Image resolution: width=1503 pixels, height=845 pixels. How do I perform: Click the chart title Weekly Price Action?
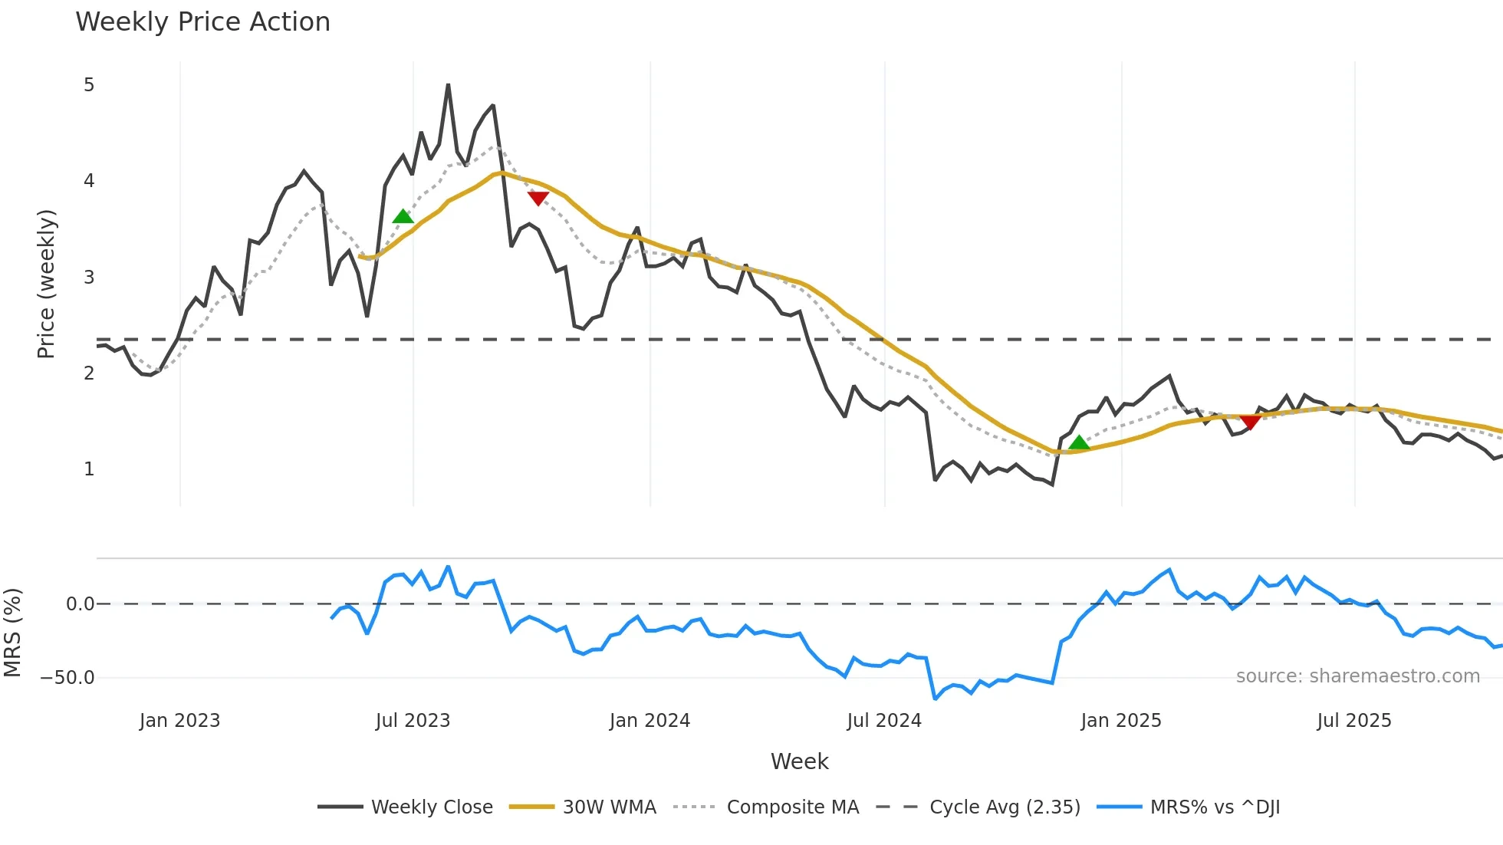[202, 22]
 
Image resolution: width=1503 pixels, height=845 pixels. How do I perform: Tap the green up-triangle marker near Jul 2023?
[403, 216]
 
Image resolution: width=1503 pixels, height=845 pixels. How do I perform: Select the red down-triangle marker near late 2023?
[538, 199]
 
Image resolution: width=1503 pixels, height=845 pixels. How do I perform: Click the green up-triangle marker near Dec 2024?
[1079, 442]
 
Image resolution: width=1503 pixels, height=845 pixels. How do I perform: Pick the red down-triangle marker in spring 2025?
[1250, 422]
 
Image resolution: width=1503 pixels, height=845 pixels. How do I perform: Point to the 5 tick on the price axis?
[89, 85]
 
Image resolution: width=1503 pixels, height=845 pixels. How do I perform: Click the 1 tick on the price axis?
[89, 469]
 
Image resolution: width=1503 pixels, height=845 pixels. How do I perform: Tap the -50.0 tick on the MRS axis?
[67, 678]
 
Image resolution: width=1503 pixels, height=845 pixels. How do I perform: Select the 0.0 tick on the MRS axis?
[80, 604]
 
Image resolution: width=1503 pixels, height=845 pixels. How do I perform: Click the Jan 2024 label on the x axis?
[650, 721]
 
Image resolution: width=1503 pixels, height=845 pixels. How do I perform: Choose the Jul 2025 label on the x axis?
[1353, 721]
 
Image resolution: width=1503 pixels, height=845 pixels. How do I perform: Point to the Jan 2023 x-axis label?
[179, 721]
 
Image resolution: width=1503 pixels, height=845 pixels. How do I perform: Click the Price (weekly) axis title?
[46, 284]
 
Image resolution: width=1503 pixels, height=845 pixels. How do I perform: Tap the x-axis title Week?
[799, 761]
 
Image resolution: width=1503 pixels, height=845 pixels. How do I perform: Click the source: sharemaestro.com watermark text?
[1357, 676]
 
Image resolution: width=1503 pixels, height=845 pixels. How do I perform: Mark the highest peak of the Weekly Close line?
[448, 85]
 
